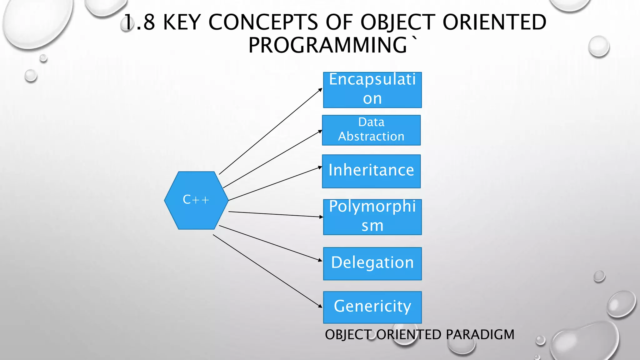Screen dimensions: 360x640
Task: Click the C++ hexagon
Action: click(x=196, y=200)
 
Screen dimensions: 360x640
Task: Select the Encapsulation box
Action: click(x=372, y=90)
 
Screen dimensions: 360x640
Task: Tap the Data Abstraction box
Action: click(x=371, y=130)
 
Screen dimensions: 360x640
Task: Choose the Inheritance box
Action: click(x=371, y=171)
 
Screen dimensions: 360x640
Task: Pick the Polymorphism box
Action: click(x=372, y=217)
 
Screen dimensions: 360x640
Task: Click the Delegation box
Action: click(x=372, y=263)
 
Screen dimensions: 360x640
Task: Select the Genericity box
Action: click(x=372, y=307)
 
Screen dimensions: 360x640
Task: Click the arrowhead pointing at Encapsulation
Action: click(x=320, y=90)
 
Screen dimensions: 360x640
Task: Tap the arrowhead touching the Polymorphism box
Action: click(x=321, y=217)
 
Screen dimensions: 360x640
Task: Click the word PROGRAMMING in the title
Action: click(x=328, y=45)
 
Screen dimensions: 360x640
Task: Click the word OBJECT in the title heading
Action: click(x=398, y=22)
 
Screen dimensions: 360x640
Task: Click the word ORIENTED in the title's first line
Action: click(x=494, y=22)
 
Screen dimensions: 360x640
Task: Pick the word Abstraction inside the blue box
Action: click(x=371, y=137)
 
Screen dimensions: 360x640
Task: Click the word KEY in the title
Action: click(x=182, y=22)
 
